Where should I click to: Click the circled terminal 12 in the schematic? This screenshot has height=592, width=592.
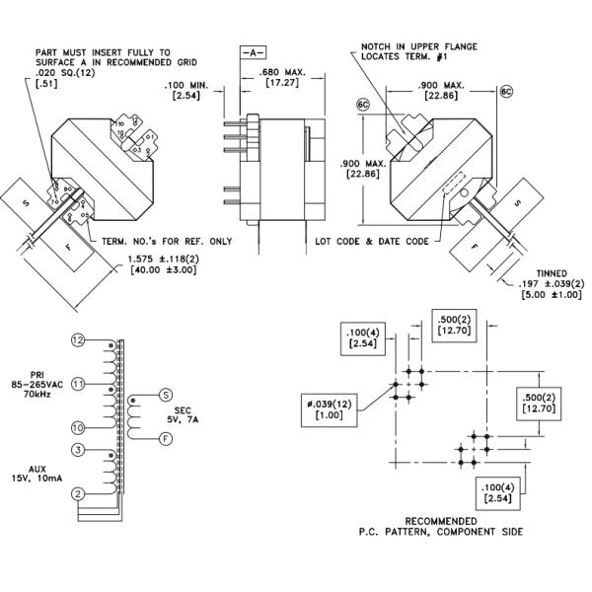click(x=78, y=339)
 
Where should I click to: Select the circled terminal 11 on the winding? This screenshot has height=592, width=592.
click(x=78, y=383)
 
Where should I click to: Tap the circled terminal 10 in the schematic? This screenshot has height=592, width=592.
click(x=78, y=427)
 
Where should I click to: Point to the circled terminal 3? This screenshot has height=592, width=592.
click(x=78, y=451)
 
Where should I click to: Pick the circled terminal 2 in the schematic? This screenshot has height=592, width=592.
click(x=78, y=493)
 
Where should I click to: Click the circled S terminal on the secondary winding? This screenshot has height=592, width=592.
click(x=166, y=395)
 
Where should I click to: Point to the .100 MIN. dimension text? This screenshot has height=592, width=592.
click(x=188, y=85)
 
